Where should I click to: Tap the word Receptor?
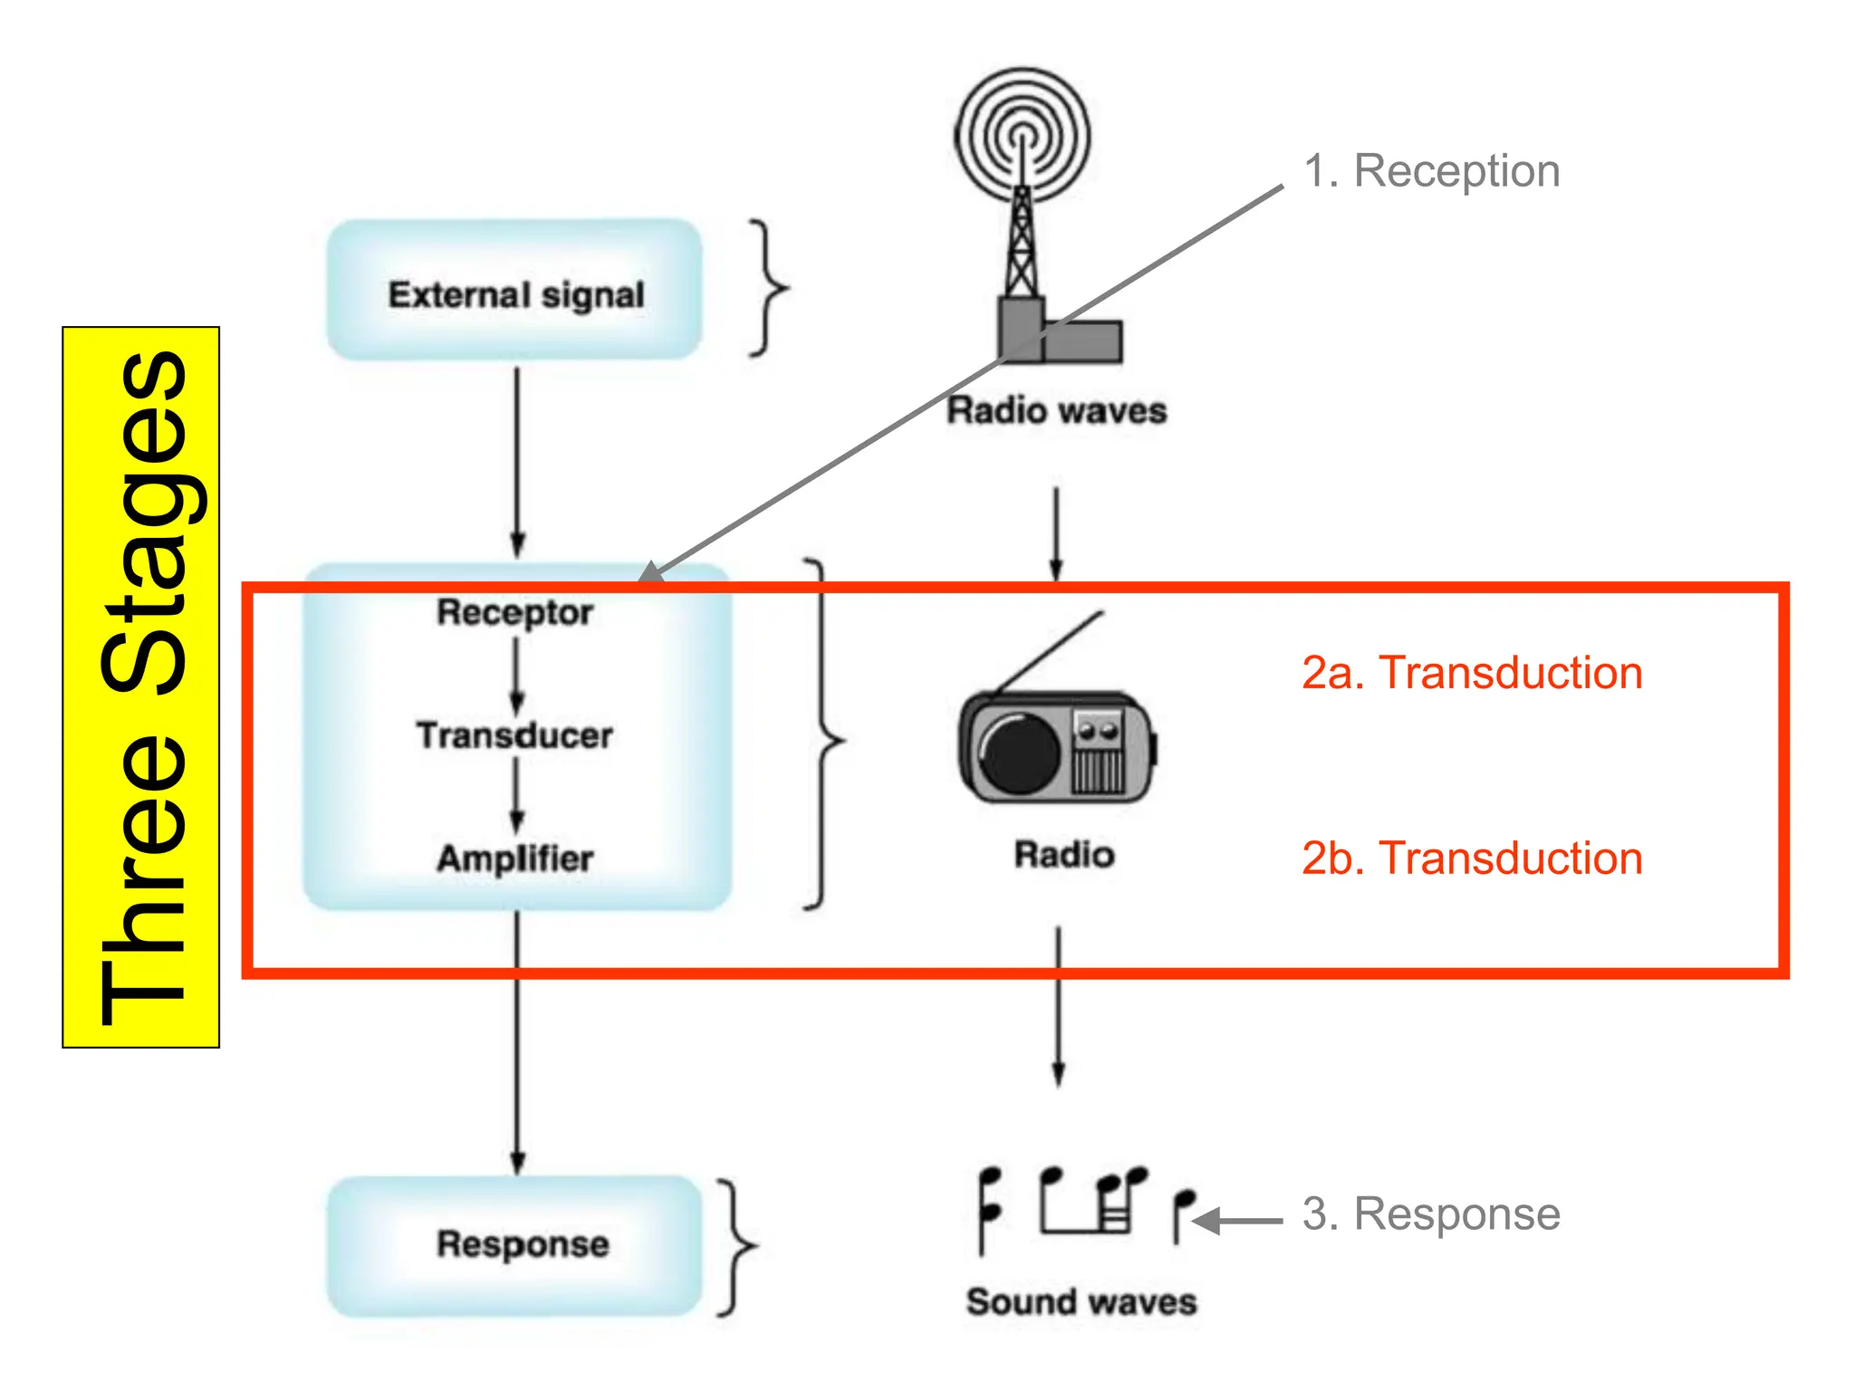click(514, 613)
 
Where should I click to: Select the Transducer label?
click(514, 735)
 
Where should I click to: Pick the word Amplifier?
click(514, 859)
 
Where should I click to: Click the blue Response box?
click(514, 1245)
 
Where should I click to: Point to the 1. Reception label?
click(1431, 171)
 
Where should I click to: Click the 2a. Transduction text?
click(1472, 673)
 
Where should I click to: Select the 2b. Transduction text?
click(1472, 859)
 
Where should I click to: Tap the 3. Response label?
click(1431, 1214)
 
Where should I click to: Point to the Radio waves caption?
click(1056, 411)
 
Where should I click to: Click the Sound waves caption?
click(1081, 1302)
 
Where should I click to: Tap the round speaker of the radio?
click(1020, 753)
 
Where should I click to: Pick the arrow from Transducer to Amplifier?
click(516, 795)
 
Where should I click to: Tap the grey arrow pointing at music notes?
click(1237, 1221)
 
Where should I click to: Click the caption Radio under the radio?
click(1063, 855)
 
